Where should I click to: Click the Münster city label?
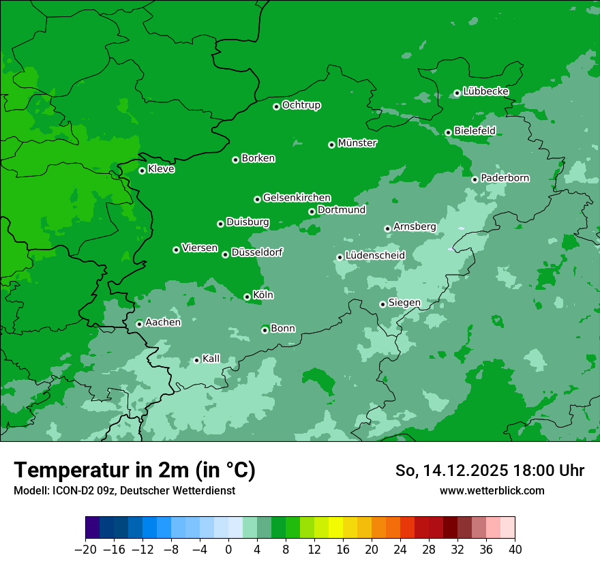[x=357, y=143]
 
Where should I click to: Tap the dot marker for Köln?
[x=247, y=297]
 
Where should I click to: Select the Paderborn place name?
[x=505, y=178]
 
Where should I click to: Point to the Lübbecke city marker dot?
[x=457, y=93]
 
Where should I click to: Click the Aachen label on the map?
[x=163, y=323]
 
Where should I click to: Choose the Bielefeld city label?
[x=475, y=130]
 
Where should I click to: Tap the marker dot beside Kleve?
[x=142, y=170]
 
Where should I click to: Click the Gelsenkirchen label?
[x=297, y=198]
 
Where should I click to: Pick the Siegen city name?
[x=404, y=303]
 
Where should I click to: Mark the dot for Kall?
[x=196, y=360]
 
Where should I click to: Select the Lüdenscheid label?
[x=375, y=256]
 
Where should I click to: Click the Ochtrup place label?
[x=301, y=105]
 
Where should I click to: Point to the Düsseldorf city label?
[x=257, y=252]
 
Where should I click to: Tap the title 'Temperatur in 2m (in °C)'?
[x=134, y=470]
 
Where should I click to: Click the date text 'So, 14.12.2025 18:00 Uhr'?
[x=490, y=471]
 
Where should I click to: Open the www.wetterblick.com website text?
[x=492, y=490]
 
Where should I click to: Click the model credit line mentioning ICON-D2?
[x=124, y=490]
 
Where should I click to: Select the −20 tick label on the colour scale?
[x=85, y=550]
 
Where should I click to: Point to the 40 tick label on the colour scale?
[x=515, y=550]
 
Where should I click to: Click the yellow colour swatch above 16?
[x=335, y=528]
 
